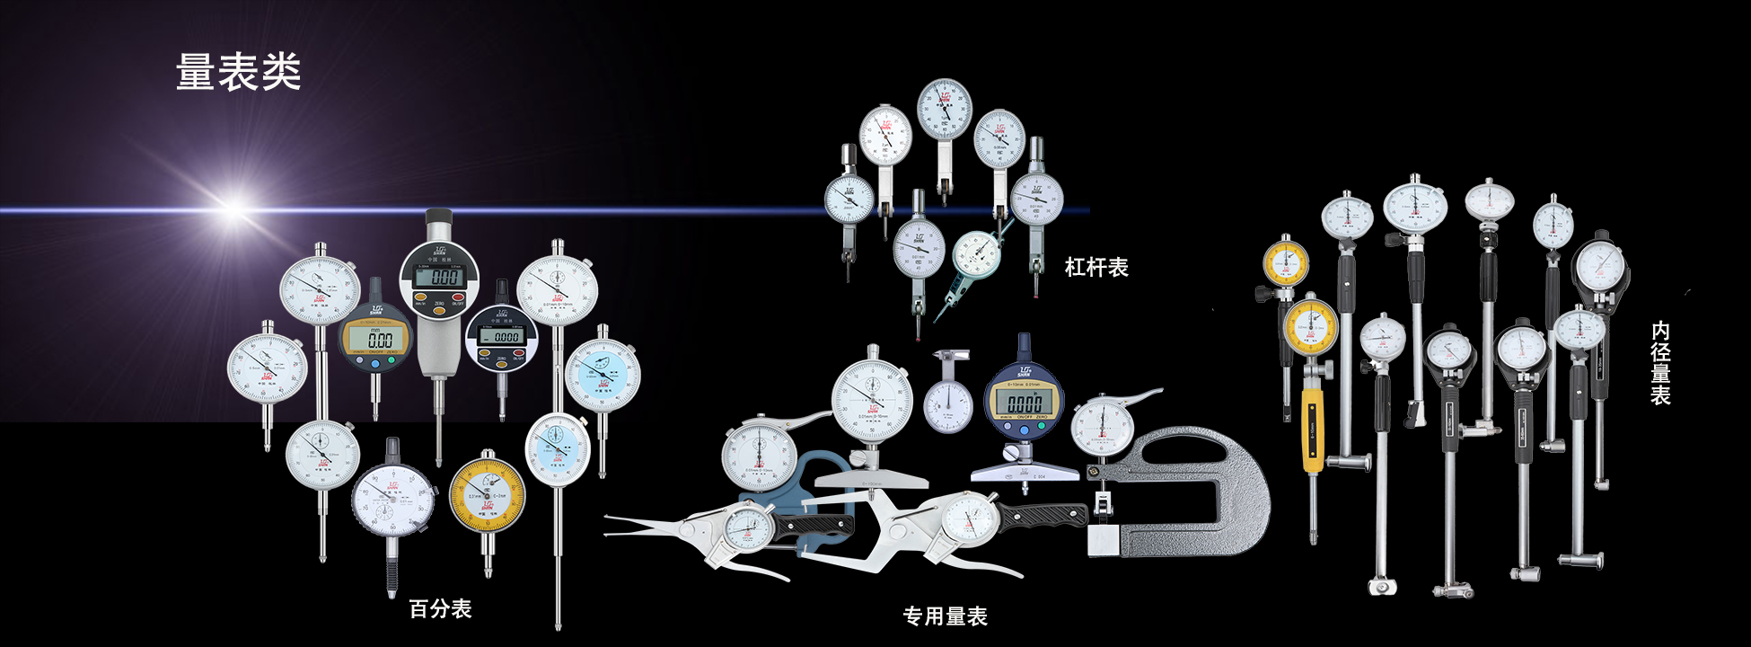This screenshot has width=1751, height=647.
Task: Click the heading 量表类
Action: [x=238, y=72]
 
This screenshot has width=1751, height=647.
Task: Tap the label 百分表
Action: [x=440, y=609]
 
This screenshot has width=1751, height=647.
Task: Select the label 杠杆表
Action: [x=1096, y=267]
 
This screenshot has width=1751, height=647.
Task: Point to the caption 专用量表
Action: [x=945, y=616]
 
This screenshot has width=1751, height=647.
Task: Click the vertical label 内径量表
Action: [x=1660, y=363]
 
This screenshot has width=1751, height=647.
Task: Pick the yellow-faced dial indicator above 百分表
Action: [x=487, y=495]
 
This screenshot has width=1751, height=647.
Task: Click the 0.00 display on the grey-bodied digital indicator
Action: [x=446, y=277]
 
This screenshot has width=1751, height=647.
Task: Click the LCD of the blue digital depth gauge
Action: [x=1025, y=403]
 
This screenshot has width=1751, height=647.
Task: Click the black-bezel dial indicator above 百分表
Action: [x=392, y=500]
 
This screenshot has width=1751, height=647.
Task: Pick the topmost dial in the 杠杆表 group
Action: [x=944, y=109]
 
